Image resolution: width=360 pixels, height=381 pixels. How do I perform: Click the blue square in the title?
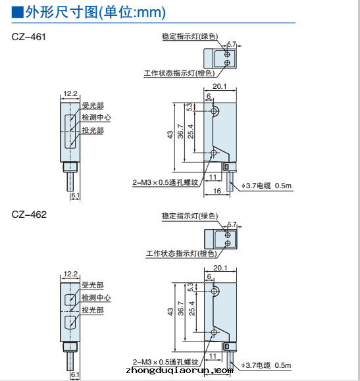[17, 12]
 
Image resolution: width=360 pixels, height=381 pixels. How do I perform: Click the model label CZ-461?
[29, 37]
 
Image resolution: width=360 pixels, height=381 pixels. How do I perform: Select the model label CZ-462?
[29, 215]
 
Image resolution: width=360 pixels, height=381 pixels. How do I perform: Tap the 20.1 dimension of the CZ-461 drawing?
[220, 86]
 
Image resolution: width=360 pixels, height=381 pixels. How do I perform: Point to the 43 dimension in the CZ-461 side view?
[170, 135]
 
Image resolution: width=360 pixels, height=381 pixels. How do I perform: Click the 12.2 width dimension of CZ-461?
[70, 93]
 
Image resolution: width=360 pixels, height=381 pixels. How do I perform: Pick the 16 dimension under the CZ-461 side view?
[217, 191]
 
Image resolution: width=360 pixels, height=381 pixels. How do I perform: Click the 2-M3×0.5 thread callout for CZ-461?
[165, 182]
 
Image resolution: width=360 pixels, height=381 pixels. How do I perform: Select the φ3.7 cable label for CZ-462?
[266, 365]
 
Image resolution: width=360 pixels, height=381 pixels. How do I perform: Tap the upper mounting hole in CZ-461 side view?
[214, 111]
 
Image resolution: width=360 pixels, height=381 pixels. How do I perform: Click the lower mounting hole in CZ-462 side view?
[214, 332]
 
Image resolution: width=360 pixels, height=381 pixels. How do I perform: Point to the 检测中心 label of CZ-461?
[96, 117]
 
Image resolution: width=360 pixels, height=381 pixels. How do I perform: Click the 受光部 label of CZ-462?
[93, 285]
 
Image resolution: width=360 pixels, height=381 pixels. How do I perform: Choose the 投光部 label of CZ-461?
[93, 130]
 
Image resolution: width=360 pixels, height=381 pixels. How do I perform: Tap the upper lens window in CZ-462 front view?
[70, 299]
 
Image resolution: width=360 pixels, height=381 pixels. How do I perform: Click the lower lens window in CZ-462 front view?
[70, 322]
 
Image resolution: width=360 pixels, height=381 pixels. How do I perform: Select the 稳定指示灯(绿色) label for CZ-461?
[190, 36]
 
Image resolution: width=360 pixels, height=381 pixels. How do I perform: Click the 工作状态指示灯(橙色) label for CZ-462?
[181, 253]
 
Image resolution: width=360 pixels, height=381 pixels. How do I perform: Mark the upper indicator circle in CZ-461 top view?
[227, 54]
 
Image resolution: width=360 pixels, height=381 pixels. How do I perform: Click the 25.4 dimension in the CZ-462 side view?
[192, 309]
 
